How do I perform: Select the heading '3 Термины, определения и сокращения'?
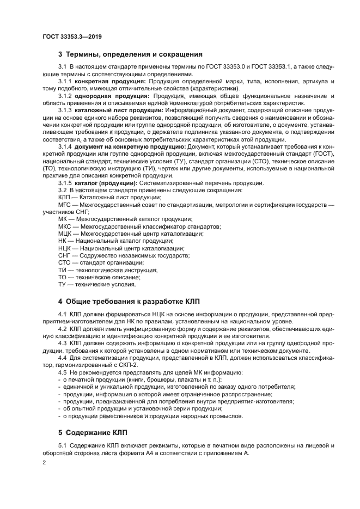pos(130,54)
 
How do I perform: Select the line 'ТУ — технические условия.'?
pos(97,284)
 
